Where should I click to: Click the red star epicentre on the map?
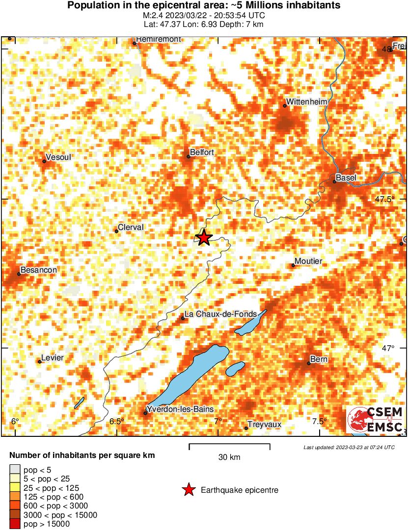click(x=203, y=238)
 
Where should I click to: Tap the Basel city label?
click(x=346, y=177)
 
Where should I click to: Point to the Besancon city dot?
click(x=19, y=274)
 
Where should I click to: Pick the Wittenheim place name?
click(x=306, y=101)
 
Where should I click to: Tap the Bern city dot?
click(x=309, y=363)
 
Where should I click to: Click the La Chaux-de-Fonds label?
click(x=218, y=314)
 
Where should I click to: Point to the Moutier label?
click(x=308, y=261)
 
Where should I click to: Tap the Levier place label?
click(x=53, y=358)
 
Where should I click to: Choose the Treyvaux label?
click(x=264, y=425)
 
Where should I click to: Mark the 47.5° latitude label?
click(x=385, y=200)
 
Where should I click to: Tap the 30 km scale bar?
click(x=229, y=446)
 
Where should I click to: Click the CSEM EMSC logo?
click(x=375, y=420)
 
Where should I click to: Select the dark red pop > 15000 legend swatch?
click(x=15, y=524)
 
